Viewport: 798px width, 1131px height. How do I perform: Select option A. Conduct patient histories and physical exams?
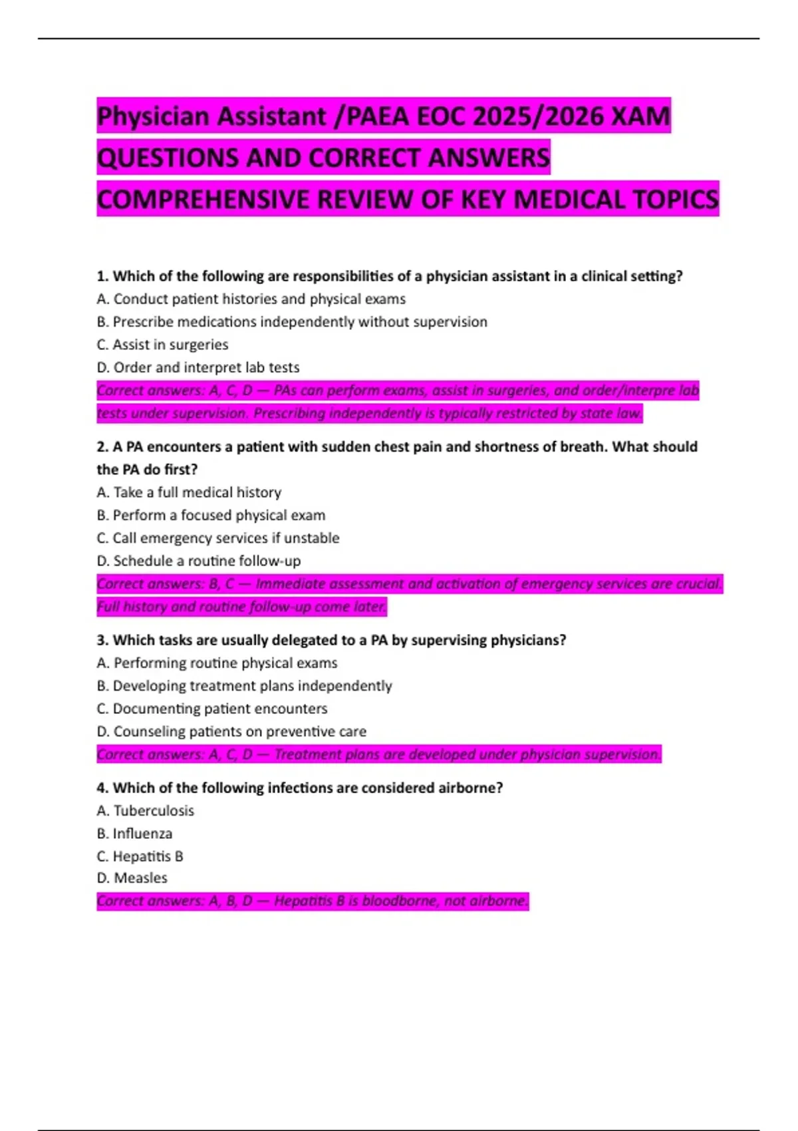[251, 299]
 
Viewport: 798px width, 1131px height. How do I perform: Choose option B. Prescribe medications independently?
[291, 322]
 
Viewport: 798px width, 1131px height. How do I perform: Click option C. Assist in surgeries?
[162, 345]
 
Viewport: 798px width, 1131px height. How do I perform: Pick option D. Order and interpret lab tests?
[198, 367]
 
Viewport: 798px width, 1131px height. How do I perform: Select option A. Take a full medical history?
[189, 492]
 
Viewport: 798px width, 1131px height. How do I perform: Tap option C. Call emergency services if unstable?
[217, 538]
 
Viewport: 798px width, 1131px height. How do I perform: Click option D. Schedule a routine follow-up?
[198, 561]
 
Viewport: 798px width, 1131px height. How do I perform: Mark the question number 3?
[102, 640]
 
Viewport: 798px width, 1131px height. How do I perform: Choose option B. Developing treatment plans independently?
[244, 686]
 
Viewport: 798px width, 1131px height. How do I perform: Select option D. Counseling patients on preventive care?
[231, 731]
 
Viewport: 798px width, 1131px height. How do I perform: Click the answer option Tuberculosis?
[154, 810]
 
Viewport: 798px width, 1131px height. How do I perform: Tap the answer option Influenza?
[142, 834]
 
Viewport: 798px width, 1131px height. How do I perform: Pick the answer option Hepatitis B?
[148, 856]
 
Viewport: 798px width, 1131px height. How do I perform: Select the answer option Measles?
[140, 878]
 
